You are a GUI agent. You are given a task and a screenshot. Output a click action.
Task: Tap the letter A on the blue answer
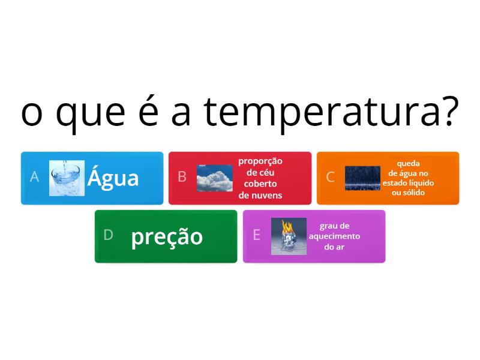(x=34, y=177)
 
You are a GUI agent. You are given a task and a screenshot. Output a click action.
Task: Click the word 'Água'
(x=113, y=178)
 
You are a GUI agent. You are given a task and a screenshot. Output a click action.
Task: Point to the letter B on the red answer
(x=182, y=177)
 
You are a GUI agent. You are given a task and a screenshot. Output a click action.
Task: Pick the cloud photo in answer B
(x=215, y=178)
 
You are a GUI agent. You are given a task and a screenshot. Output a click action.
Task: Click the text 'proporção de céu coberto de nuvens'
(x=260, y=178)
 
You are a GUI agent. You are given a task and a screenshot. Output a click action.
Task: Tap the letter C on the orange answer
(x=330, y=177)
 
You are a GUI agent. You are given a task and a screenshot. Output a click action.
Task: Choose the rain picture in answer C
(x=362, y=178)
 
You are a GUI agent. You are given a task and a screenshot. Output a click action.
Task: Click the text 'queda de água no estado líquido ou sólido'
(x=408, y=178)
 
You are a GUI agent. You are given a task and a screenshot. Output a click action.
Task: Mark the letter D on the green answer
(x=108, y=235)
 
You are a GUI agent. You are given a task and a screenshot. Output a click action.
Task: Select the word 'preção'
(x=167, y=237)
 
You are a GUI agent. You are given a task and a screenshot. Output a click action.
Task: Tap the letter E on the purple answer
(x=256, y=235)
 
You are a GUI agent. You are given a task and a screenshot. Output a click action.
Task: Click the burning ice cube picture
(x=289, y=236)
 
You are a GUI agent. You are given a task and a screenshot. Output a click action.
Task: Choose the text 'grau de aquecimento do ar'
(x=334, y=236)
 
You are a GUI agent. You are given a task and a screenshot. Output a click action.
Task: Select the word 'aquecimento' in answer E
(x=334, y=236)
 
